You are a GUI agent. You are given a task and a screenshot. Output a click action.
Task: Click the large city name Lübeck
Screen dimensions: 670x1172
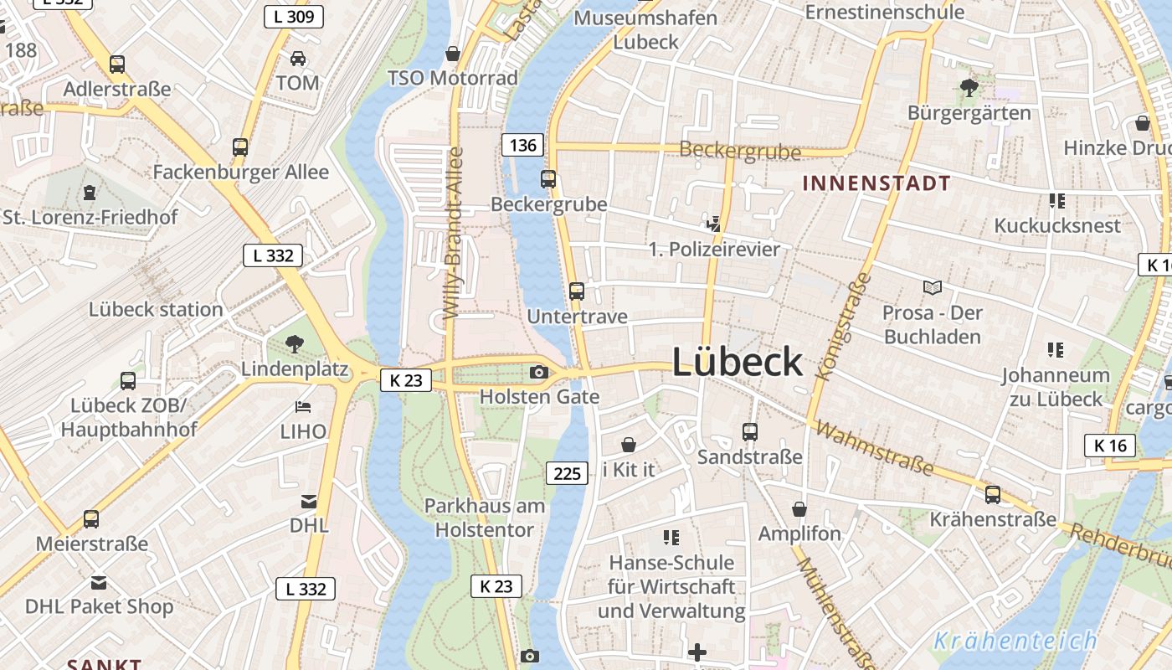[737, 362]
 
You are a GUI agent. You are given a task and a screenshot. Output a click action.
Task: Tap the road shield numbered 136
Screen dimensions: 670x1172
[522, 145]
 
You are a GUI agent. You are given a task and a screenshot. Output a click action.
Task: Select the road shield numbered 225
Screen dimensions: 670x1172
[567, 473]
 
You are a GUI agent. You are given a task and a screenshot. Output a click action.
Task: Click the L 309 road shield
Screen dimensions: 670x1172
[293, 16]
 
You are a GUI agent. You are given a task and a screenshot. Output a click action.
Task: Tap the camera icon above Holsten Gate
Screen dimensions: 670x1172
[538, 372]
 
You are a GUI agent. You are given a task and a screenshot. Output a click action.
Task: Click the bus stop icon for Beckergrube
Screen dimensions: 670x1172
[548, 178]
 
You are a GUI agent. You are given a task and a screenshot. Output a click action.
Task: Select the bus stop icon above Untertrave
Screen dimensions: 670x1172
[577, 291]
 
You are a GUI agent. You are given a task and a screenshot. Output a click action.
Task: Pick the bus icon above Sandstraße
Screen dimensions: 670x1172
[749, 431]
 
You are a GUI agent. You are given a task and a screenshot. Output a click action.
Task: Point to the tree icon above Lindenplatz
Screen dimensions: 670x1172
[294, 343]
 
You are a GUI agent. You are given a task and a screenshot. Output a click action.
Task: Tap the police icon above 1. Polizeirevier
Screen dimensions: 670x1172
[713, 223]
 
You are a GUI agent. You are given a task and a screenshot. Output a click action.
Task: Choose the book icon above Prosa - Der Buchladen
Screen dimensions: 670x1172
[932, 287]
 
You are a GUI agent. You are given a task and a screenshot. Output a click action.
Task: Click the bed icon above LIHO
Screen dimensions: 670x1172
[303, 407]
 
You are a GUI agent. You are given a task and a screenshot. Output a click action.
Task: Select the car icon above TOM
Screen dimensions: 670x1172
[297, 58]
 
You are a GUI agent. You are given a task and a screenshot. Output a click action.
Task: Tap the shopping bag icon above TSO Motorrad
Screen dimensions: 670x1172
[453, 54]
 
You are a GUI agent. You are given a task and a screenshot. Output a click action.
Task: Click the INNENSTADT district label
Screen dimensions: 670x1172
[876, 183]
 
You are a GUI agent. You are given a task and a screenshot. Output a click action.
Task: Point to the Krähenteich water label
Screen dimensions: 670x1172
[1015, 641]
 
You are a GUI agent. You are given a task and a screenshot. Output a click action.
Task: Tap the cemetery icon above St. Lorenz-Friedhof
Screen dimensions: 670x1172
[89, 193]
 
